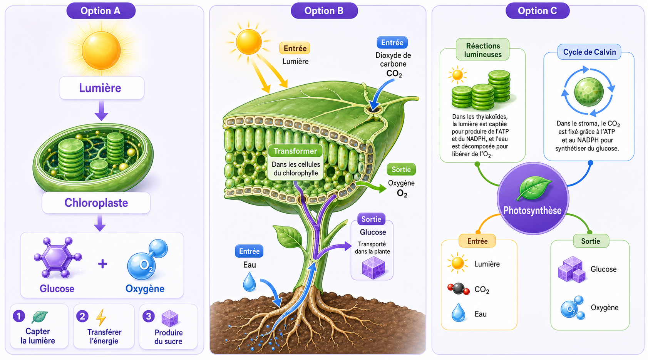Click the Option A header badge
tap(101, 11)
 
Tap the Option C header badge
tap(537, 11)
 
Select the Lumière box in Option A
tap(102, 88)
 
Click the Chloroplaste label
tap(96, 203)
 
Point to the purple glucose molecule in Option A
tap(58, 257)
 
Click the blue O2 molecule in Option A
tap(147, 260)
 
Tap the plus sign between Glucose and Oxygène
tap(102, 264)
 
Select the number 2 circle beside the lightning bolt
tap(82, 316)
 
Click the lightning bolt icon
tap(101, 317)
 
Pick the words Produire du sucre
tap(168, 337)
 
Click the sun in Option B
tap(249, 42)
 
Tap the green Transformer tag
tap(295, 151)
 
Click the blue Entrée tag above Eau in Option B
tap(249, 251)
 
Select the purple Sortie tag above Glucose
tap(371, 219)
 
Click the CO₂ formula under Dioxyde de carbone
tap(394, 74)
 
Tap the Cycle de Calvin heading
tap(589, 52)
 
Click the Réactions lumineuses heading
tap(483, 50)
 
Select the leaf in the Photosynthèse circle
tap(534, 188)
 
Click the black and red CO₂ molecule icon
tap(459, 288)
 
